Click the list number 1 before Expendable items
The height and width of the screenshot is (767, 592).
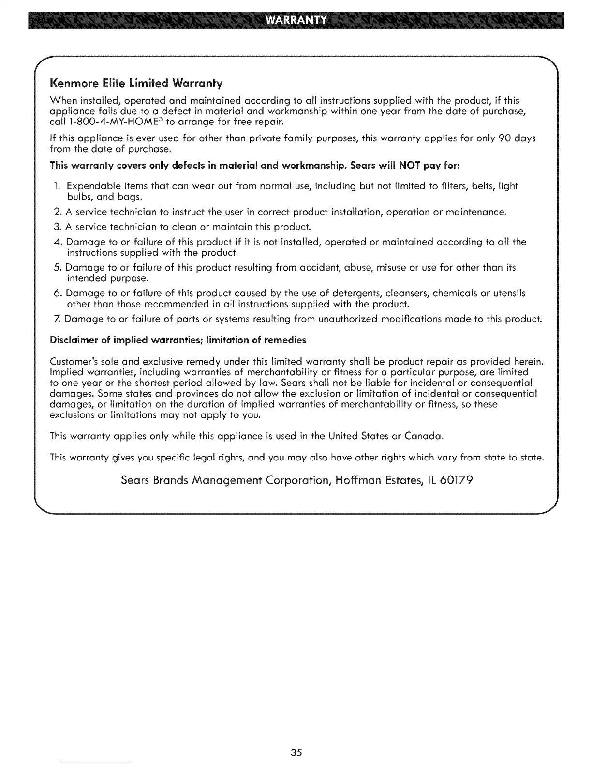tap(57, 186)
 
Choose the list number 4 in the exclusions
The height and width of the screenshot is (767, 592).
tap(57, 242)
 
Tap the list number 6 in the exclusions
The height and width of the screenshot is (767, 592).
tap(57, 293)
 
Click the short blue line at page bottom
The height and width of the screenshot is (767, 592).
tap(96, 763)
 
